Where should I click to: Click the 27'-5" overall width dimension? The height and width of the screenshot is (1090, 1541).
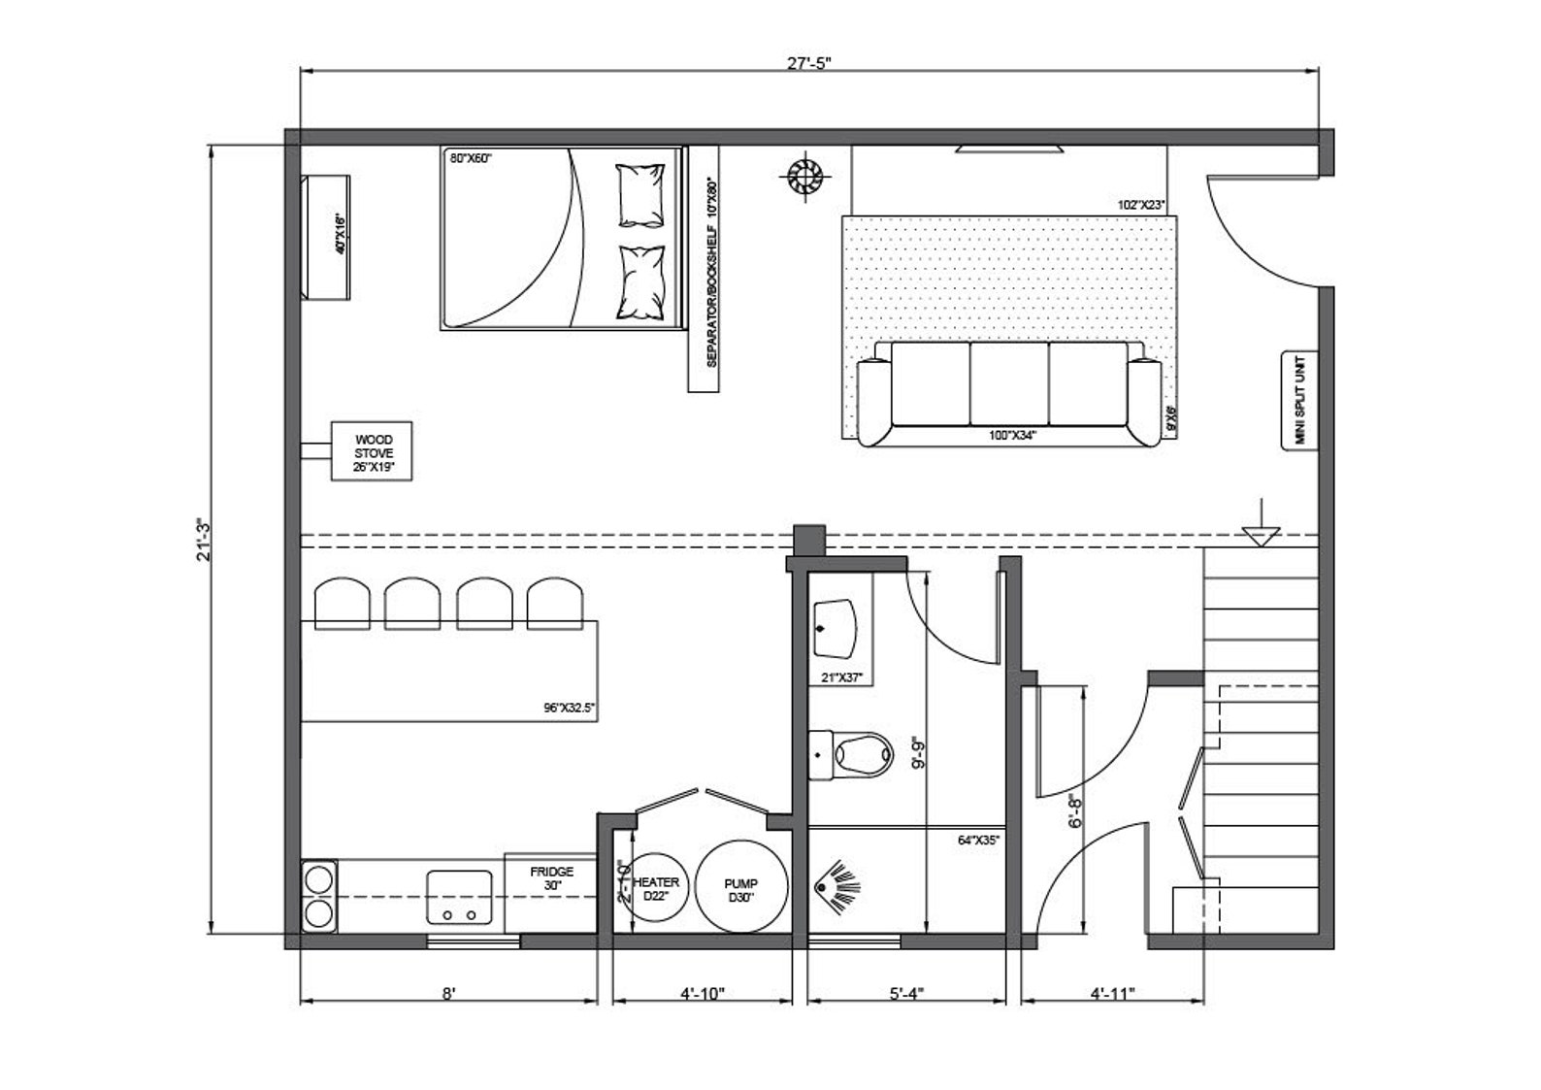[x=808, y=63]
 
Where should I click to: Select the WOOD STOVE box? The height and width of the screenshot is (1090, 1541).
[x=373, y=450]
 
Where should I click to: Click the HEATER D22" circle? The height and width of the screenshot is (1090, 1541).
[x=656, y=887]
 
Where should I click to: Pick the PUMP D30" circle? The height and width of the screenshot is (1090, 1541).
[x=740, y=889]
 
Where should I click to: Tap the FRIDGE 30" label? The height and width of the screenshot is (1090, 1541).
[x=551, y=878]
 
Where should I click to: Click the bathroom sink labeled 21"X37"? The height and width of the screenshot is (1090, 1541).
[x=833, y=628]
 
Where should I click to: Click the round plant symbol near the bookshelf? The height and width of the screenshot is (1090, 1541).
[x=803, y=178]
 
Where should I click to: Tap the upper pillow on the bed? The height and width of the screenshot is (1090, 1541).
[x=641, y=193]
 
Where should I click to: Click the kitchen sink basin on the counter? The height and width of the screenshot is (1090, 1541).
[x=459, y=896]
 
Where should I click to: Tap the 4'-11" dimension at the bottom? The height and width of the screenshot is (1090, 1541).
[x=1111, y=994]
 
